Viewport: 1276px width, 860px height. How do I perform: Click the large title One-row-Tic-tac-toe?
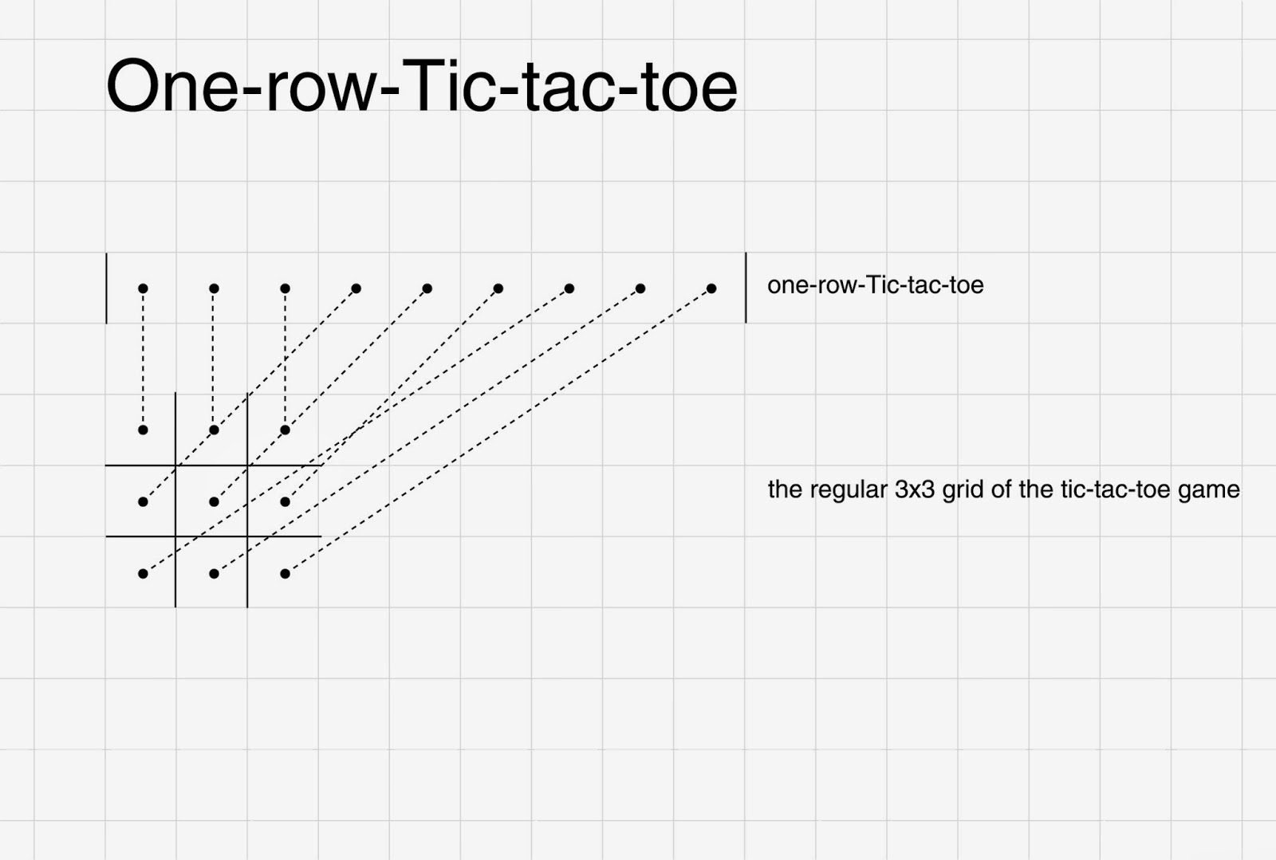coord(421,86)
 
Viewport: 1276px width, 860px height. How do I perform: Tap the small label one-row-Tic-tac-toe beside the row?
coord(875,285)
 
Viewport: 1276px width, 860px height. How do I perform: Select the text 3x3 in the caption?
coord(914,489)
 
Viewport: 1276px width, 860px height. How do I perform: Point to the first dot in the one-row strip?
coord(143,289)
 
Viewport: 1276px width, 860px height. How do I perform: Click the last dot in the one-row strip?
coord(711,289)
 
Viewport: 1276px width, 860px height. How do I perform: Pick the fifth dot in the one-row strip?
coord(427,289)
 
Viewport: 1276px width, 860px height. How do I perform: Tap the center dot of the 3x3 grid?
coord(214,501)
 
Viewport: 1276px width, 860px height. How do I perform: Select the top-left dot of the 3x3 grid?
coord(143,430)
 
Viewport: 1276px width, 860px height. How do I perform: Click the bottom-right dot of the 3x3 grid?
coord(285,573)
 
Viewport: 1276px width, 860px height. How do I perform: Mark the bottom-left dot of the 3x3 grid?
coord(143,573)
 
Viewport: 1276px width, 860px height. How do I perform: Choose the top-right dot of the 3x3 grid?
coord(285,430)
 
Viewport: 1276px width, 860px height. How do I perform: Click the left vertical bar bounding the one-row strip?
coord(106,289)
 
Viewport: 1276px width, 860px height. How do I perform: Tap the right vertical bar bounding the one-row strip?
coord(746,289)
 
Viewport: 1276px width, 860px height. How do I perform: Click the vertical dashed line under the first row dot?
coord(143,359)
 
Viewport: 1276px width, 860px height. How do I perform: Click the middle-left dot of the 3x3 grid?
coord(143,501)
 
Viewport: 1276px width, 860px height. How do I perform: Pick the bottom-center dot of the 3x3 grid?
coord(214,573)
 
